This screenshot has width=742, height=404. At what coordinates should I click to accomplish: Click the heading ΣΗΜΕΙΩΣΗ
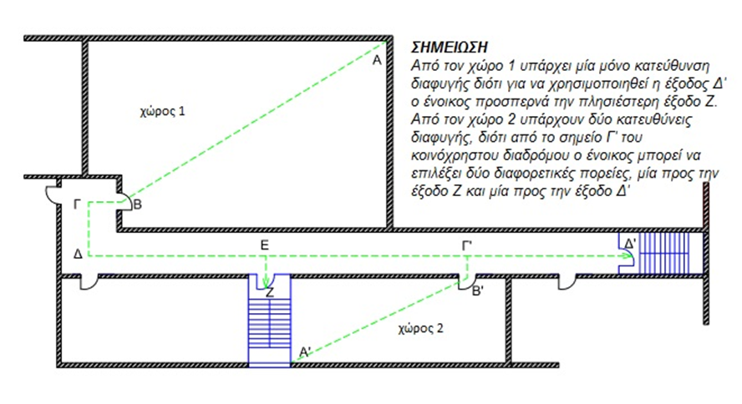pos(449,48)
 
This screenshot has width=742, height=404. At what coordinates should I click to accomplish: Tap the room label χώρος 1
pos(162,112)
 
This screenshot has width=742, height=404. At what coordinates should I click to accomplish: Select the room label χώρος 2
pos(420,328)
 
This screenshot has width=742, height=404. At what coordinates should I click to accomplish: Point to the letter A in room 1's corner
pos(377,60)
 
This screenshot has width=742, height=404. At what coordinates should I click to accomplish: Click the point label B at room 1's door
pos(137,205)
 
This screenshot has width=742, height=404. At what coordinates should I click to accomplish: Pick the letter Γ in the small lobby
pos(77,205)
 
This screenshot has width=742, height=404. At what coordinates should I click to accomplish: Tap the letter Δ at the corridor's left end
pos(78,255)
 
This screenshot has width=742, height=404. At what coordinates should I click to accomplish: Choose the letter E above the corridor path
pos(265,245)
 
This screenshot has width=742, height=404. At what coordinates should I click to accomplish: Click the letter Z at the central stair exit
pos(270,293)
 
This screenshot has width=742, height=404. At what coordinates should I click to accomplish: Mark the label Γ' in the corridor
pos(468,245)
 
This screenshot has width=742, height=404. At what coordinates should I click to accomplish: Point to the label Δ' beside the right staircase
pos(631,245)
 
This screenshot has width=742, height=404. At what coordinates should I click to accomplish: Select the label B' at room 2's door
pos(478,291)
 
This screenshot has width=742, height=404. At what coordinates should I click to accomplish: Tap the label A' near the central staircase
pos(305,351)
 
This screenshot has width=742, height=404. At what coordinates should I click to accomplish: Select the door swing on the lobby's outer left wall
pos(52,194)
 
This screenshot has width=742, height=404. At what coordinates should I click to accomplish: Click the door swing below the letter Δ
pos(88,283)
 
